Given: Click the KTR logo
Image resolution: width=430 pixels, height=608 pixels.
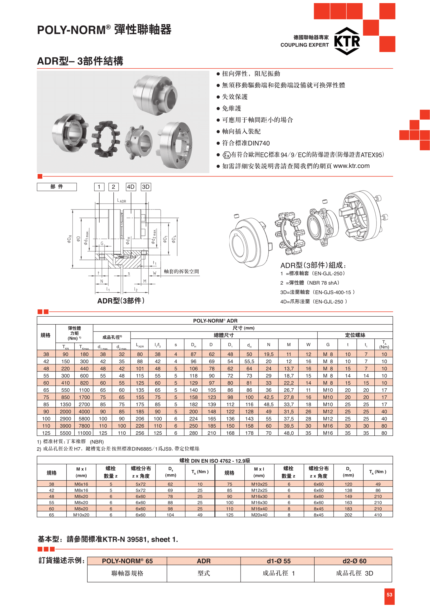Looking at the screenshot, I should (347, 41).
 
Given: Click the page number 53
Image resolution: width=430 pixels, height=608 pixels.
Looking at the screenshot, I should (389, 594).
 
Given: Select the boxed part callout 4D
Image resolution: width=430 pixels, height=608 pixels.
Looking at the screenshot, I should (131, 187).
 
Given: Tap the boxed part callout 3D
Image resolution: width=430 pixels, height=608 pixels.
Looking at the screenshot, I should (146, 187).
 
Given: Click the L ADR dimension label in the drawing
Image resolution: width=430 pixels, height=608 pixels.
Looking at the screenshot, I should (121, 201).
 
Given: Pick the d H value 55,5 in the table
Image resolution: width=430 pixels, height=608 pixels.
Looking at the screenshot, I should (249, 361).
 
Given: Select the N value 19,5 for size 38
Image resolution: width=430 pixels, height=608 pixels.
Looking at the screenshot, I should (269, 354).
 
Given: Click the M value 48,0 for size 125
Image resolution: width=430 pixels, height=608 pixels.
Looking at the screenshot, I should (289, 433).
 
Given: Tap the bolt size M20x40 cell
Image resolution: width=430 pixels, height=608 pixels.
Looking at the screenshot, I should (259, 515).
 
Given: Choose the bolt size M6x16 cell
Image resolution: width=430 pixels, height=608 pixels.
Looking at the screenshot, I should (81, 484).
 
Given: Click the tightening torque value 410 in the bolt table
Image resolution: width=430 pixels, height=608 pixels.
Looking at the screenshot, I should (378, 515).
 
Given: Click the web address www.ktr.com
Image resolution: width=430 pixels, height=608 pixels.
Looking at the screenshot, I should (351, 166).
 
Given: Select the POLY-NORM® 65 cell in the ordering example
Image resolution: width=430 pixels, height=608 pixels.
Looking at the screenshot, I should (127, 561).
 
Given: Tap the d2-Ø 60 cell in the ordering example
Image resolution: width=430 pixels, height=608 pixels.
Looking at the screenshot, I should (354, 561).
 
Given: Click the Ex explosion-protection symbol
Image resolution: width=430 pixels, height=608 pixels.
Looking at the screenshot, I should (227, 155).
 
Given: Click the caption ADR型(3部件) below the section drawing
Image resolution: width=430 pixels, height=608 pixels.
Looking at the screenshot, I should (121, 300).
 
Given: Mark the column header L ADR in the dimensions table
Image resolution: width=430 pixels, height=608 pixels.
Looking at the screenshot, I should (140, 345).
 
